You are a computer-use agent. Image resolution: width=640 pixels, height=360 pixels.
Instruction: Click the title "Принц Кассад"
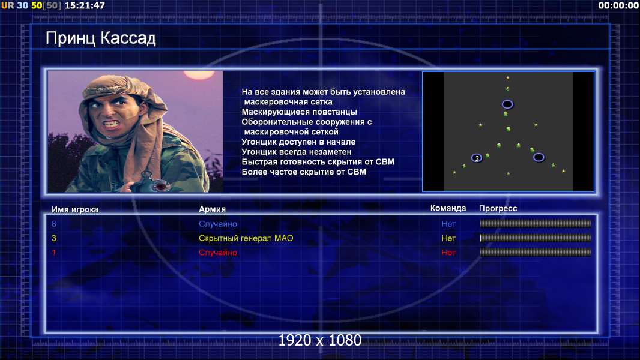tap(100, 38)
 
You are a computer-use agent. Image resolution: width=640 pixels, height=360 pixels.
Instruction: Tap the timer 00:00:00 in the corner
tap(618, 5)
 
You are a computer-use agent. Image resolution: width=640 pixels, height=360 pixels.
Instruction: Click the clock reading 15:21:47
tap(85, 5)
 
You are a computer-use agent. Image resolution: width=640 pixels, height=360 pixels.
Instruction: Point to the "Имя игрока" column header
tap(74, 209)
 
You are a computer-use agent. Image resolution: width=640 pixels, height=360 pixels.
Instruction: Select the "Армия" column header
tap(213, 209)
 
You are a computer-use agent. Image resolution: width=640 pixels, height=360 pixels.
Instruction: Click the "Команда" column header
tap(448, 208)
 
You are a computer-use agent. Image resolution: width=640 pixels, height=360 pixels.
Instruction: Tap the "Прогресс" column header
tap(498, 209)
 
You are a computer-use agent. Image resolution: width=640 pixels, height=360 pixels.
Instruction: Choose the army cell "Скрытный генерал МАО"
tap(246, 238)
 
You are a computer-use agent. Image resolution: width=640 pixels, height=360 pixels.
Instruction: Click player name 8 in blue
tap(54, 224)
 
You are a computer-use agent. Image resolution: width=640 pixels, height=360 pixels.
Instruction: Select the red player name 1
tap(53, 253)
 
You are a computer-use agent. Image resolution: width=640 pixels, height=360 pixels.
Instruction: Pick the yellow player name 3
tap(54, 238)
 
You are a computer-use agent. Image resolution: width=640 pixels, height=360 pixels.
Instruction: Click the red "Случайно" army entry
tap(217, 253)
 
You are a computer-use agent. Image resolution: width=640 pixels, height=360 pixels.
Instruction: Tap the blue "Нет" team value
tap(448, 224)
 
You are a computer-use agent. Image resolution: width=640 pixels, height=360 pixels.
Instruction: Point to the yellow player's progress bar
tap(536, 238)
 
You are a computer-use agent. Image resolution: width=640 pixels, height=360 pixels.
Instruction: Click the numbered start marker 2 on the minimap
tap(476, 158)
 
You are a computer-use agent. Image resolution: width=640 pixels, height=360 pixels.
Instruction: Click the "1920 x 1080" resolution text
tap(319, 340)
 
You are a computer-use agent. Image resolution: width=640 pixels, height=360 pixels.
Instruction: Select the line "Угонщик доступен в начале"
tap(298, 142)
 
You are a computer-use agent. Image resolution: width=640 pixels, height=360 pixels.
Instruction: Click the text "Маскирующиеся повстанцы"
tap(299, 112)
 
